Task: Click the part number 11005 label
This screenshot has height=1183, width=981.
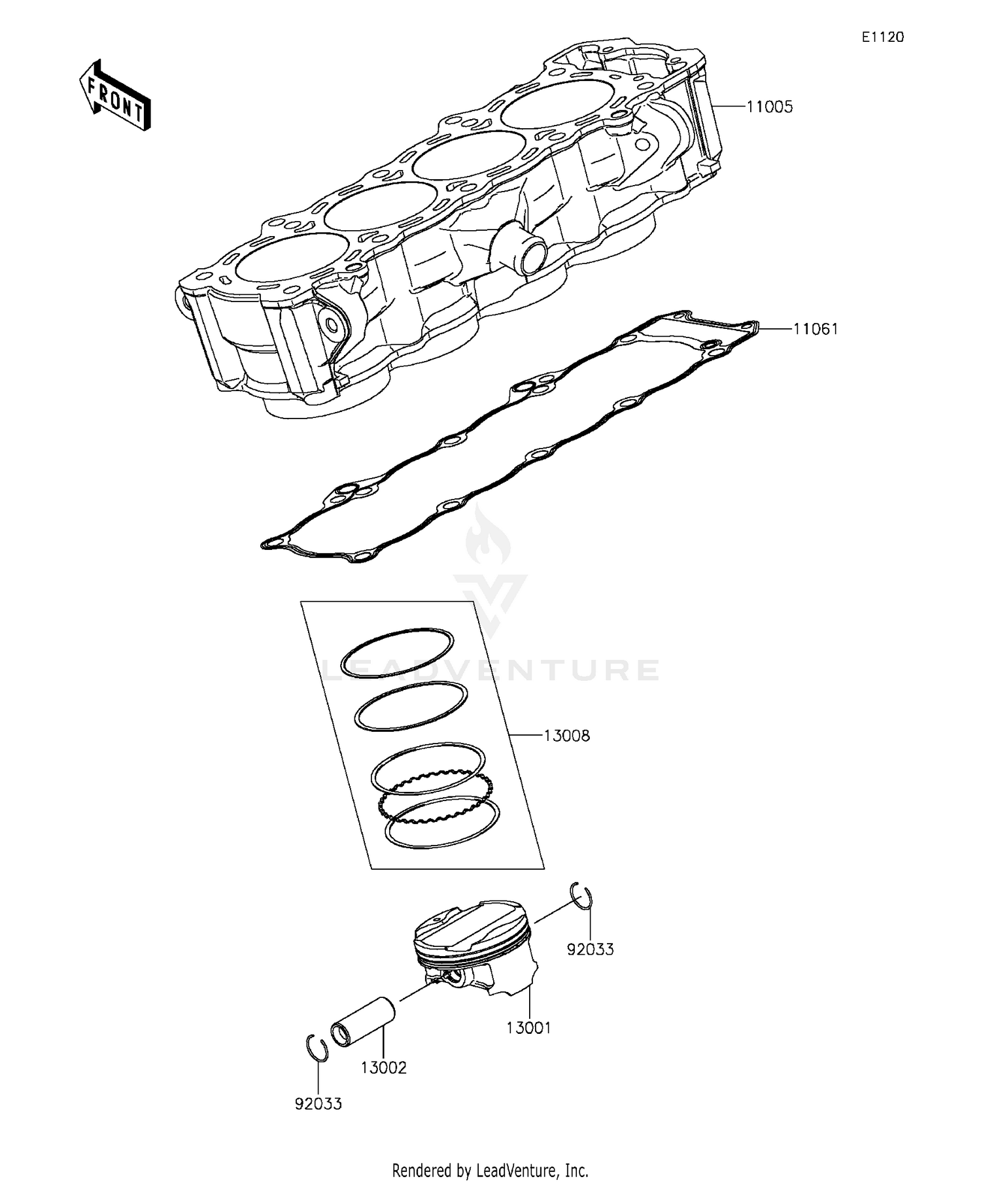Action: [x=770, y=107]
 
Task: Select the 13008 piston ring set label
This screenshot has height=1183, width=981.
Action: [x=566, y=736]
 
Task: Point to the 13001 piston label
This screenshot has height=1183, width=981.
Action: [x=528, y=1028]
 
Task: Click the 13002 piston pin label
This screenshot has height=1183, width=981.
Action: [x=383, y=1068]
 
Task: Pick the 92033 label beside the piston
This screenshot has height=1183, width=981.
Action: [x=590, y=949]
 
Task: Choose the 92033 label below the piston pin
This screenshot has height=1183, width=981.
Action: [x=318, y=1104]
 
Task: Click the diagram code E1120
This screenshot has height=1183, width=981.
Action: [x=882, y=37]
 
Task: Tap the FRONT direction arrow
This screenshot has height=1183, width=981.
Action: [x=115, y=96]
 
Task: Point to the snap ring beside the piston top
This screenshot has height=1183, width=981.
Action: [x=581, y=895]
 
